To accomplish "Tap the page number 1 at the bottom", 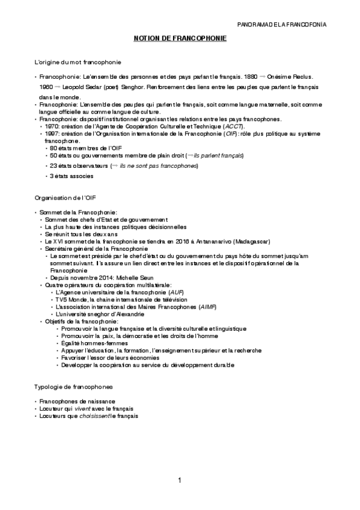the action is point(180,479).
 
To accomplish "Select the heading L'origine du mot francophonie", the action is point(78,62).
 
